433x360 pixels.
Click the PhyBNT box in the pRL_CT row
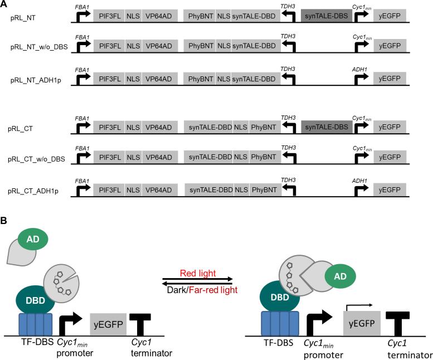point(264,128)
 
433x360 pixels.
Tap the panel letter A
point(5,4)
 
